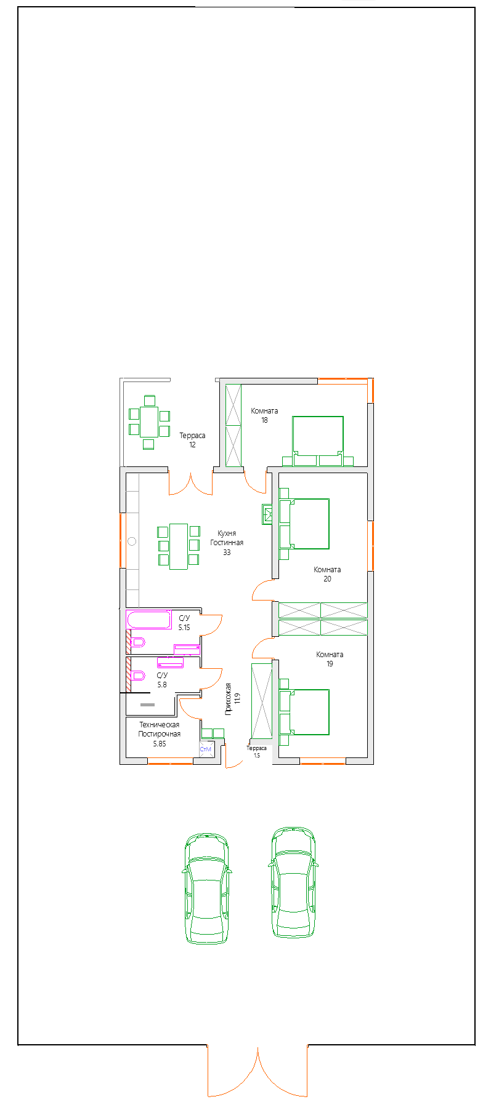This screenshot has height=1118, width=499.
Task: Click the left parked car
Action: click(206, 888)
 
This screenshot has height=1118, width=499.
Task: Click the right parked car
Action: click(293, 882)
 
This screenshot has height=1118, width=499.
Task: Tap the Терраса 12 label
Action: click(192, 440)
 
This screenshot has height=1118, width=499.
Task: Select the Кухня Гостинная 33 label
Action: click(227, 543)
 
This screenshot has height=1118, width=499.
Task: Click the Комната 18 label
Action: click(264, 415)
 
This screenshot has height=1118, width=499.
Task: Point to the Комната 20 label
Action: click(327, 574)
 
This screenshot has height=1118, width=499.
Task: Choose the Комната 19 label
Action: click(330, 659)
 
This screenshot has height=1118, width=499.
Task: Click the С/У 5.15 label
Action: click(184, 623)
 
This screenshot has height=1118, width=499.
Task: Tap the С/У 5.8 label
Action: click(162, 679)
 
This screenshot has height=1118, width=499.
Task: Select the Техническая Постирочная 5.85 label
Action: click(160, 733)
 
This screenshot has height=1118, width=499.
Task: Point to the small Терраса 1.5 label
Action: click(257, 751)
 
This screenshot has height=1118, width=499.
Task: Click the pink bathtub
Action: click(149, 620)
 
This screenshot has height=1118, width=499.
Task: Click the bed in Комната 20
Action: click(304, 524)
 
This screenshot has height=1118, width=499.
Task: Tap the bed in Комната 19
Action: click(304, 712)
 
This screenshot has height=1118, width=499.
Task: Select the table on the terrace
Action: click(149, 421)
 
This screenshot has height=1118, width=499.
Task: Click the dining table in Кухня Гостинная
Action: click(179, 546)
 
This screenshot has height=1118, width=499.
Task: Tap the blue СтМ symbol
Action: click(206, 749)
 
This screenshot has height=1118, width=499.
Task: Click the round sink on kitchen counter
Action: click(132, 541)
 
